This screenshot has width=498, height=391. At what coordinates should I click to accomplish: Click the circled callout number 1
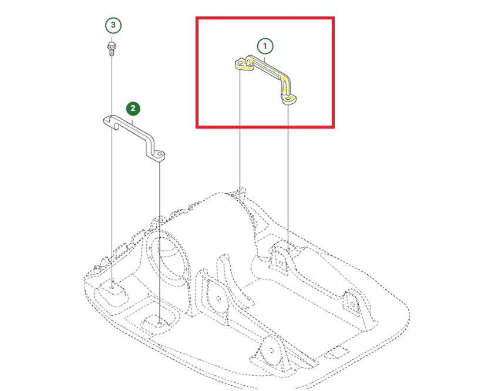pyautogui.click(x=265, y=46)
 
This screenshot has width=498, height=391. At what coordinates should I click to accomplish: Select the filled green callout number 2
pyautogui.click(x=133, y=109)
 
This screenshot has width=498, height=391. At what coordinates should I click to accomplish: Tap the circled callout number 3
pyautogui.click(x=113, y=25)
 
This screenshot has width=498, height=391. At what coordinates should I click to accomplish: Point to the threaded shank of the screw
pyautogui.click(x=112, y=52)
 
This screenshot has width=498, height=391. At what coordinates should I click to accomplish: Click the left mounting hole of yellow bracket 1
pyautogui.click(x=240, y=63)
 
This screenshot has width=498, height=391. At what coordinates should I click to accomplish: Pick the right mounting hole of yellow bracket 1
pyautogui.click(x=288, y=99)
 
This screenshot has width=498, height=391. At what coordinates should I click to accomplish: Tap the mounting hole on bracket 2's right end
pyautogui.click(x=160, y=154)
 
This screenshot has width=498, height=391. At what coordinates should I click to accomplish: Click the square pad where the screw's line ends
pyautogui.click(x=112, y=289)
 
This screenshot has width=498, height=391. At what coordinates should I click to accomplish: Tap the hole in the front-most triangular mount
pyautogui.click(x=271, y=350)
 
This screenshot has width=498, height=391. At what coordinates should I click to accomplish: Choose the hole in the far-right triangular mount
pyautogui.click(x=353, y=305)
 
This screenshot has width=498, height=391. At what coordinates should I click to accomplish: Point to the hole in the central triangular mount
pyautogui.click(x=218, y=298)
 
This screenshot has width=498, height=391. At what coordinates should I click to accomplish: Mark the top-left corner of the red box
pyautogui.click(x=196, y=17)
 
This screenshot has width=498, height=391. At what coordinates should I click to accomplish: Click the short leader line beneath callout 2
pyautogui.click(x=133, y=120)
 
